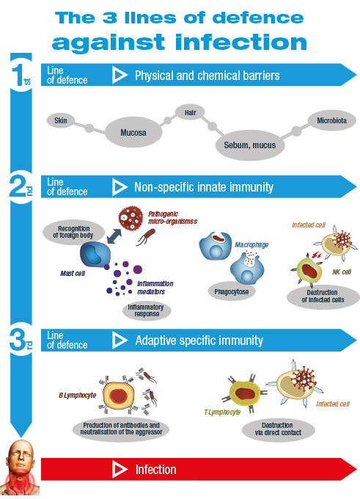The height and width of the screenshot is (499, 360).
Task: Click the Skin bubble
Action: [61, 120]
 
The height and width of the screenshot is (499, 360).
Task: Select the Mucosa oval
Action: [133, 132]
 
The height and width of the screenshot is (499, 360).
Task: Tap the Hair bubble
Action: [190, 112]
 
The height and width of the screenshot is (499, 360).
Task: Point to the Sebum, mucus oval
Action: [249, 145]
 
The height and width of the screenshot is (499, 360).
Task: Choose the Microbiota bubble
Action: [331, 120]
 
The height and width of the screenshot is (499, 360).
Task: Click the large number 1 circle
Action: [21, 75]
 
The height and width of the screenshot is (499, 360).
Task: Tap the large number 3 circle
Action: [21, 340]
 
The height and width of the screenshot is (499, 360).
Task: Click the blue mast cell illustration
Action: [95, 255]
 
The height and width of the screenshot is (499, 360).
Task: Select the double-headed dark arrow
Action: [114, 236]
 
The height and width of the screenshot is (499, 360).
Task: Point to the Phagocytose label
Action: [232, 291]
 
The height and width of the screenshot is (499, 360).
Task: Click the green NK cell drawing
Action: [308, 270]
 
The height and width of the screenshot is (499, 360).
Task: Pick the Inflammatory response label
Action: [147, 310]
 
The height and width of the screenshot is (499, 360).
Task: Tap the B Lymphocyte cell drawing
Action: [117, 396]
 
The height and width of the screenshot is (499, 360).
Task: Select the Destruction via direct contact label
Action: [279, 429]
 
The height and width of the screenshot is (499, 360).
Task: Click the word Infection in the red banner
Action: [156, 470]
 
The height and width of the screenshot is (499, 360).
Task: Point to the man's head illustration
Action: [21, 467]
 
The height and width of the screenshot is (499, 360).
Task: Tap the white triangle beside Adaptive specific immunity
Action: [120, 340]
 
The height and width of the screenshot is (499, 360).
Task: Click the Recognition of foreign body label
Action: [73, 233]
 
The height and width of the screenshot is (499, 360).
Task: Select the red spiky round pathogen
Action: [131, 218]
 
